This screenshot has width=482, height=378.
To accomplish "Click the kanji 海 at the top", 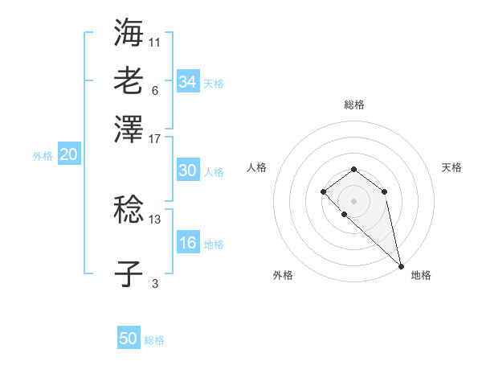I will (x=129, y=33).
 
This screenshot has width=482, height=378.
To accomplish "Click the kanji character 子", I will (x=129, y=273).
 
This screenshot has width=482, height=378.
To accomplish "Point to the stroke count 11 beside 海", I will (x=155, y=41).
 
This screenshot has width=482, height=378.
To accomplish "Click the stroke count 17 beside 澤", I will (x=155, y=138).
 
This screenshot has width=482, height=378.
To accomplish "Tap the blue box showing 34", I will (x=187, y=82).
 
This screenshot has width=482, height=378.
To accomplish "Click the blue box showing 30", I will (x=187, y=171).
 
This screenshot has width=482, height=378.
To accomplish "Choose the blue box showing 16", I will (x=187, y=244).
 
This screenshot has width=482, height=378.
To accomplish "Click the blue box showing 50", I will (x=129, y=339).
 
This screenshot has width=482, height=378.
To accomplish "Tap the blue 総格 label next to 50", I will (x=154, y=340).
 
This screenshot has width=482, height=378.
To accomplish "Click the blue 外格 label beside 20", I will (x=43, y=157).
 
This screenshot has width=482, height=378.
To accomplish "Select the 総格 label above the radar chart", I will (x=353, y=105).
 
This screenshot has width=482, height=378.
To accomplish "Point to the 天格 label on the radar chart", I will (x=451, y=167).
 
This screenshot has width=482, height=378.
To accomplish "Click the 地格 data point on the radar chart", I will (x=400, y=266).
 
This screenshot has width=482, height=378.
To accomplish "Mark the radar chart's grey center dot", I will (x=353, y=199).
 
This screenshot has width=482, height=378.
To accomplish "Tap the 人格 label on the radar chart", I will (x=257, y=167).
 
